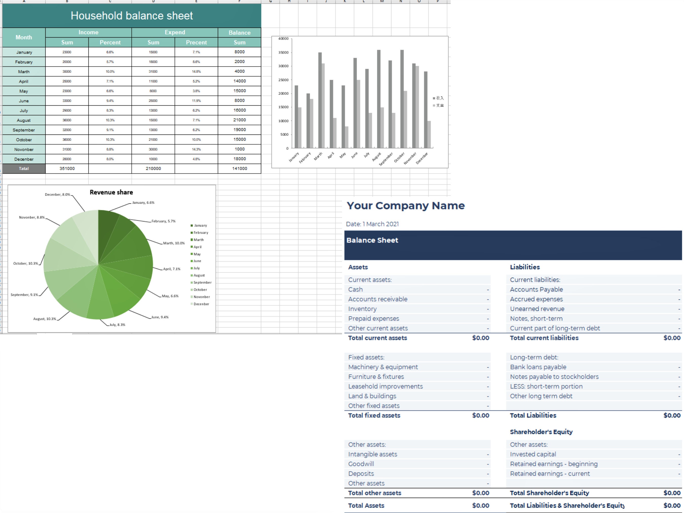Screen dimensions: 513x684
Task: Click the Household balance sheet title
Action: click(131, 16)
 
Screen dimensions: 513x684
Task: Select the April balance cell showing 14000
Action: click(239, 81)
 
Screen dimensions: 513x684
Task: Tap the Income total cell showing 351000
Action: click(67, 168)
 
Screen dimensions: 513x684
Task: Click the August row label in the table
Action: click(24, 120)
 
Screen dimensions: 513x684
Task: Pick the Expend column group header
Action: click(175, 32)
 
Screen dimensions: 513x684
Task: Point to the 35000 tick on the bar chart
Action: click(283, 52)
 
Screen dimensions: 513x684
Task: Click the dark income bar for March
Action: click(320, 99)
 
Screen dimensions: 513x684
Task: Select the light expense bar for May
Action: click(347, 137)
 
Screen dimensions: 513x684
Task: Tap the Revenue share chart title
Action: click(111, 192)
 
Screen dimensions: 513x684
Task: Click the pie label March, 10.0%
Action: click(174, 243)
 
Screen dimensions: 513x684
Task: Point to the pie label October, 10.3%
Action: click(26, 263)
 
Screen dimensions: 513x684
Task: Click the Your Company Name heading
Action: click(405, 206)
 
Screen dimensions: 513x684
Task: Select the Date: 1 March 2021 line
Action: click(372, 224)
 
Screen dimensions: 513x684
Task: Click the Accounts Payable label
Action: click(536, 289)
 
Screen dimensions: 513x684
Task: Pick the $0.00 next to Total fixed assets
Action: click(480, 415)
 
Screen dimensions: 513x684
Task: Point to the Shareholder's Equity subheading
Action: click(541, 432)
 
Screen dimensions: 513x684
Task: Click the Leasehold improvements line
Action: click(385, 386)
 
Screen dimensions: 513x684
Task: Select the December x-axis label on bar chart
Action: click(422, 158)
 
